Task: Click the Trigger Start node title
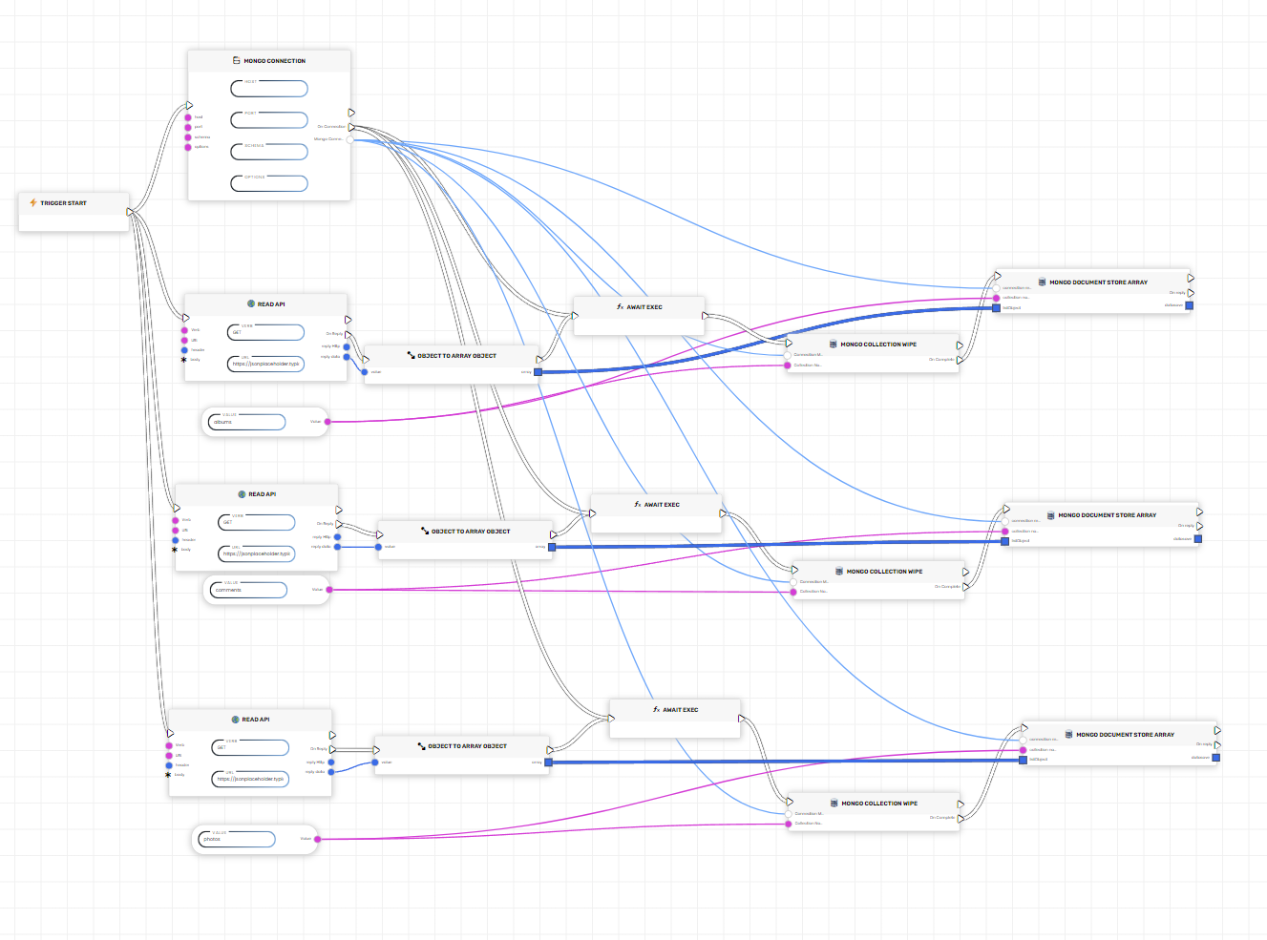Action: [x=63, y=203]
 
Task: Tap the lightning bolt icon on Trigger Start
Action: [x=33, y=202]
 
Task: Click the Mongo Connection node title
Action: [x=274, y=61]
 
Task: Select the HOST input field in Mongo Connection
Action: [x=269, y=89]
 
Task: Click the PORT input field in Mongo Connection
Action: [x=269, y=120]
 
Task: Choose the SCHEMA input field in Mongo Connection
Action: [x=269, y=152]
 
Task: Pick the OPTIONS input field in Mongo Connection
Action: [x=269, y=183]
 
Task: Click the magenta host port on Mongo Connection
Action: [x=188, y=117]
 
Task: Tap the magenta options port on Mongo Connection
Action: [x=188, y=147]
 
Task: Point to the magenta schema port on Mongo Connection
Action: [x=188, y=137]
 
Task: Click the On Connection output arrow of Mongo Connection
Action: [x=351, y=126]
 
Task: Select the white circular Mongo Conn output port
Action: [x=350, y=139]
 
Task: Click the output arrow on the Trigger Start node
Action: [x=130, y=212]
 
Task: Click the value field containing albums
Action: [x=247, y=422]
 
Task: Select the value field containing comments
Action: [x=249, y=590]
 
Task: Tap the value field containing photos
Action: [x=237, y=839]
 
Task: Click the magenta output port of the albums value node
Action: [x=327, y=421]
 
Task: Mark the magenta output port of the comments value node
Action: [x=329, y=590]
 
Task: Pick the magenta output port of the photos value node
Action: [x=317, y=839]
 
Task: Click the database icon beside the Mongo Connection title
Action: [x=236, y=60]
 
